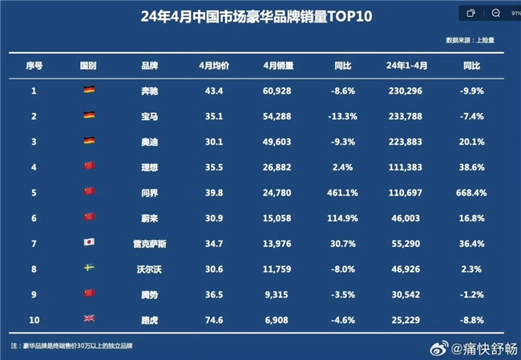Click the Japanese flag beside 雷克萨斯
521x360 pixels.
[x=89, y=242]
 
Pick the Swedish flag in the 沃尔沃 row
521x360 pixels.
[x=89, y=268]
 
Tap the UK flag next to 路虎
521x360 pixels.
[x=89, y=318]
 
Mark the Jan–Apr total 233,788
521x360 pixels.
[x=404, y=116]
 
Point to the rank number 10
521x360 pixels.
[x=34, y=318]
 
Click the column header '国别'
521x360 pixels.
[x=89, y=64]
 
